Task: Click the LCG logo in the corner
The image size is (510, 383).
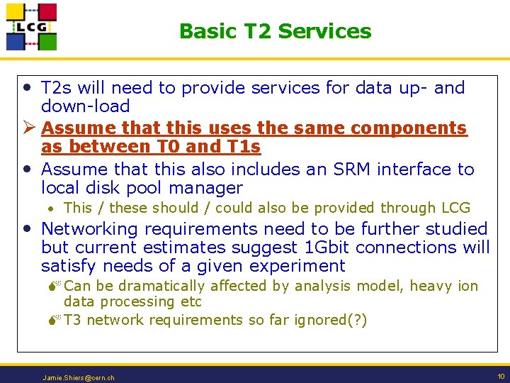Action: tap(31, 27)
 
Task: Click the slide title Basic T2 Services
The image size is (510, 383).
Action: tap(275, 31)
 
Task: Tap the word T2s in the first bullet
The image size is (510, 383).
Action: tap(57, 88)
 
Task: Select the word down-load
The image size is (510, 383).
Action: tap(85, 106)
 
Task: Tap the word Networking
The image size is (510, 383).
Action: tap(93, 229)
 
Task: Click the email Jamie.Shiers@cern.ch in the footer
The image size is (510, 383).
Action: tap(79, 377)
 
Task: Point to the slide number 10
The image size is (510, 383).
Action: tap(501, 376)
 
